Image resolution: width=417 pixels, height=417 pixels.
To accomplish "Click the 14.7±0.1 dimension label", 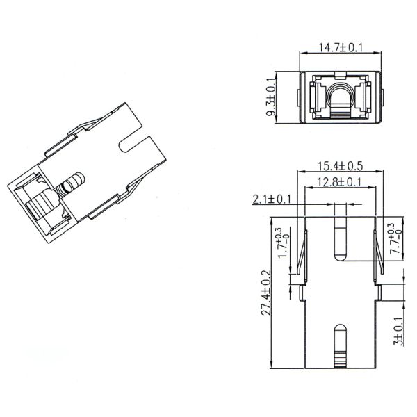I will click(x=341, y=48).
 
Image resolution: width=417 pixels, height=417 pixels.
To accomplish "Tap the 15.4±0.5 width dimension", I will click(x=341, y=167).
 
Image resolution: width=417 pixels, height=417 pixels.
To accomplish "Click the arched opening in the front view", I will click(x=341, y=98).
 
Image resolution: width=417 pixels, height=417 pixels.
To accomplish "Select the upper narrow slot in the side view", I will click(x=340, y=234).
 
